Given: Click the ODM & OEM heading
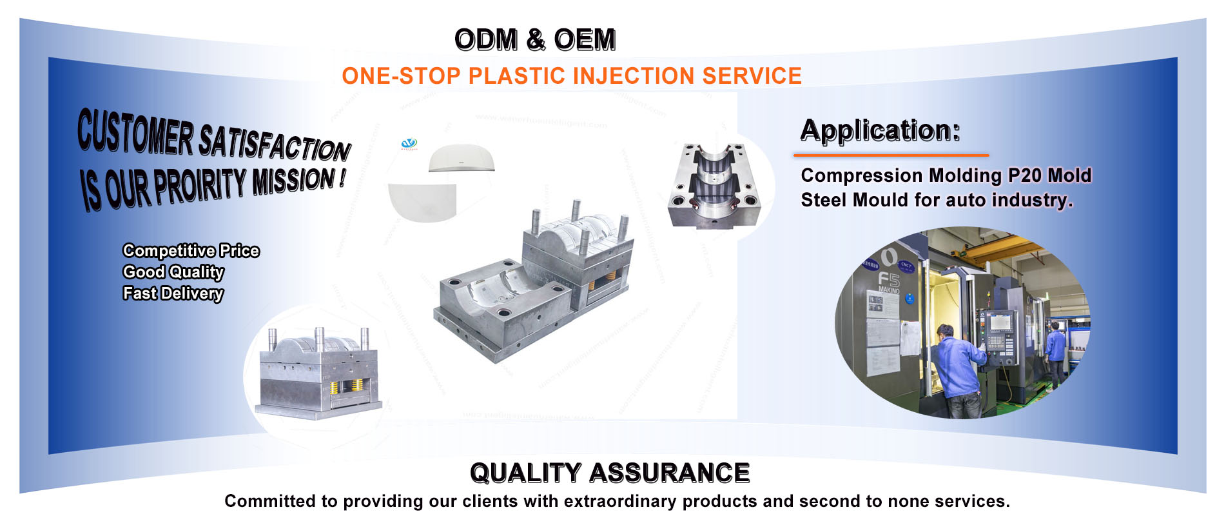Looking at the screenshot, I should tap(535, 40).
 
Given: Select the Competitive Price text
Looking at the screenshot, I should tap(191, 250).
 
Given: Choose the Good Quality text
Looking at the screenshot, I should tap(173, 272).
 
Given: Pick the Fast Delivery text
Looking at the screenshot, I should tap(173, 293).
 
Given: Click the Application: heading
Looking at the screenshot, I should tap(880, 130).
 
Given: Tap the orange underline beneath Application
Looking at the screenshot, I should tap(891, 155).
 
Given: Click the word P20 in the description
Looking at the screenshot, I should tap(1024, 175).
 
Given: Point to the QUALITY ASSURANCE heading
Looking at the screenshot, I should tap(610, 473).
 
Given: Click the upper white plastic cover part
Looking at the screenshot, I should tap(462, 159).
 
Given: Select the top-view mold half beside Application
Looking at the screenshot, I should tap(714, 186).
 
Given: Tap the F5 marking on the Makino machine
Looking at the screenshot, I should tap(889, 279).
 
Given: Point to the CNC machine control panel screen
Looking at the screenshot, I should tap(1000, 322).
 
